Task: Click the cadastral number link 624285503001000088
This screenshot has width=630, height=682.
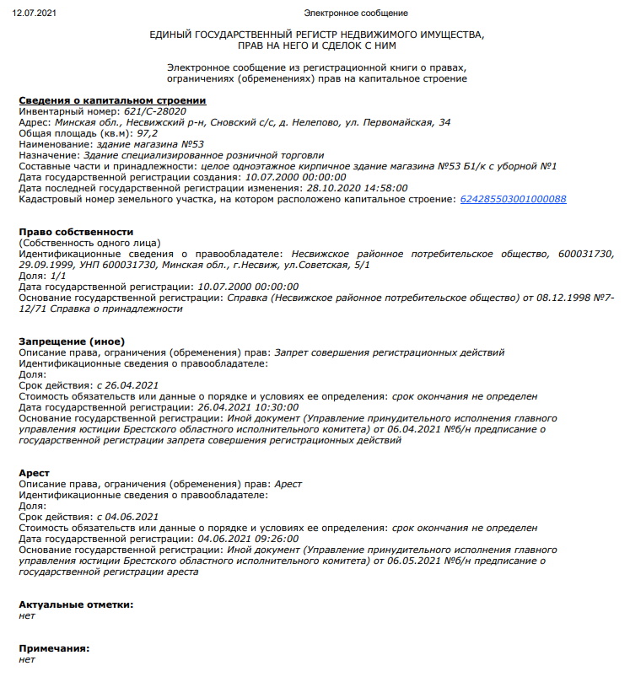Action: [513, 199]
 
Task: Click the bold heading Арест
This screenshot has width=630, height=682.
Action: [34, 473]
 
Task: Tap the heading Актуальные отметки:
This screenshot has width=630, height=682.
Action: [76, 604]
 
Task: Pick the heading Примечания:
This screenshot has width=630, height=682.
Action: [54, 648]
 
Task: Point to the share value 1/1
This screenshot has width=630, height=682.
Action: [57, 276]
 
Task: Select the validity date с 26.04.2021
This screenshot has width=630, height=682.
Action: [128, 384]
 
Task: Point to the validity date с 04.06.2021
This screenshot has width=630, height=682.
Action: [128, 517]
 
